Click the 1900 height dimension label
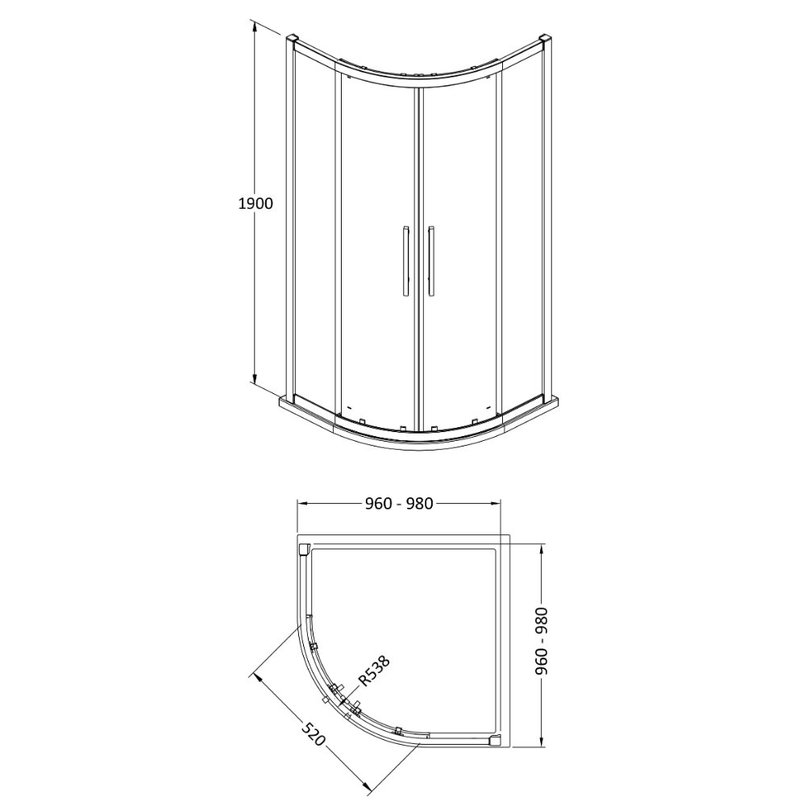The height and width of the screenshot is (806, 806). [256, 204]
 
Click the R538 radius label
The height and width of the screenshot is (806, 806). [374, 671]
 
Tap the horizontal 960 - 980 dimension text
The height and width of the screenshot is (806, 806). [400, 504]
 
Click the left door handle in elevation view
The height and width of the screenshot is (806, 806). [405, 261]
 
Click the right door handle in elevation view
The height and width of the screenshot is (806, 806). [430, 261]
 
